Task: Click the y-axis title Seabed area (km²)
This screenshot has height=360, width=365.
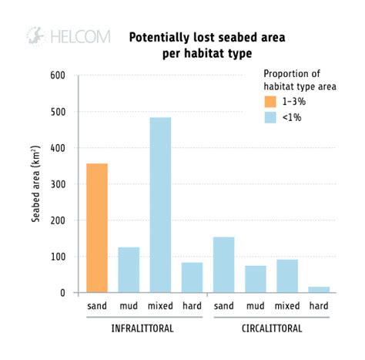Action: [x=36, y=184]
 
